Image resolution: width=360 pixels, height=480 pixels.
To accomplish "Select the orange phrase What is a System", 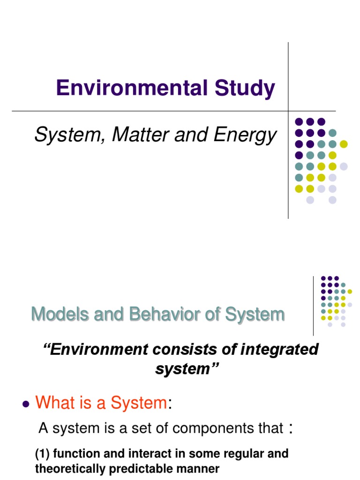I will click(101, 402).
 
